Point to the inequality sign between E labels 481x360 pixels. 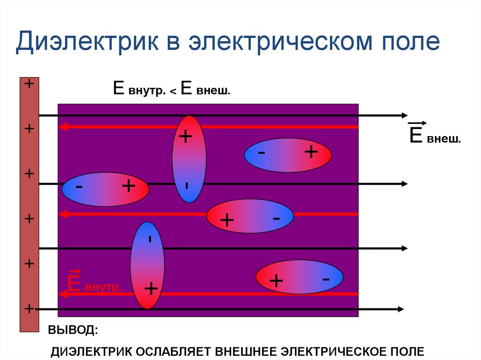click(173, 92)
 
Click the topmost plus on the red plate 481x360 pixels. click(29, 84)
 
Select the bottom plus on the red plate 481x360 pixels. click(29, 308)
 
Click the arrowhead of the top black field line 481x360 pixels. click(404, 115)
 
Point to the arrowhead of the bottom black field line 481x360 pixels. click(400, 309)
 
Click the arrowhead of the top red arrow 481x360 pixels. click(62, 126)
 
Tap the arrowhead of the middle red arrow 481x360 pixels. click(62, 214)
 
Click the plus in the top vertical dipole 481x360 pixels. click(186, 137)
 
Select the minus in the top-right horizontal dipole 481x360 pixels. click(261, 153)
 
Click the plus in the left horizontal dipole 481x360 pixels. click(128, 187)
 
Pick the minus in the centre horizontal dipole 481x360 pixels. click(276, 218)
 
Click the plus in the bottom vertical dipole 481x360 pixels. click(151, 288)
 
